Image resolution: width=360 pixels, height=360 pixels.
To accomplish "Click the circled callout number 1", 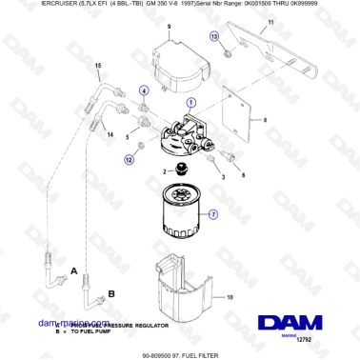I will point(190,102).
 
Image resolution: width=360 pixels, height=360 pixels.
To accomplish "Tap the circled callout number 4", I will point(144,90).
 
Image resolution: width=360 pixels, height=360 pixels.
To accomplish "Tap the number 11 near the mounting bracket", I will point(270,21).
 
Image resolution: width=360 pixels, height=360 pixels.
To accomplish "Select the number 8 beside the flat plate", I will point(266,121).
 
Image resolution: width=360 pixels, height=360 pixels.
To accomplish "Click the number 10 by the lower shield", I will point(229,297).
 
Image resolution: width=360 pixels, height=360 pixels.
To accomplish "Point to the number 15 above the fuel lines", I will point(97,65).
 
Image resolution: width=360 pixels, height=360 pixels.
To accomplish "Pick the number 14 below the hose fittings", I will point(110,135).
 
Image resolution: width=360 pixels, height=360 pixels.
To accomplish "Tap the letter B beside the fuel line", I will point(110,295).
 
